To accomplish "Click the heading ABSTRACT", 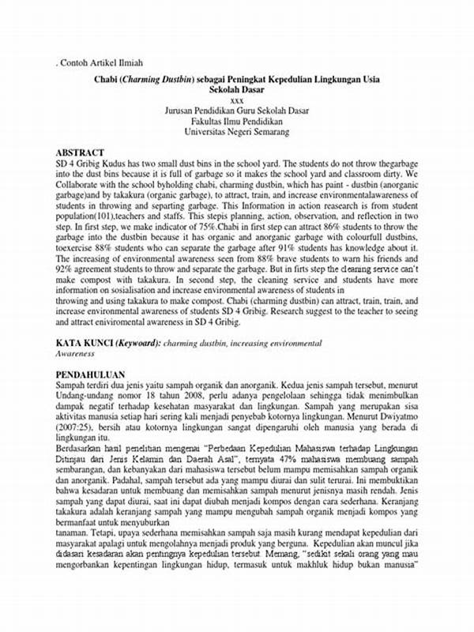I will (80, 152).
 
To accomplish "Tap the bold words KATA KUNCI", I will (84, 344).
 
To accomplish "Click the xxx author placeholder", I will (236, 100).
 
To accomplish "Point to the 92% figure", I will (64, 269).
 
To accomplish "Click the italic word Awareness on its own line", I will (77, 354).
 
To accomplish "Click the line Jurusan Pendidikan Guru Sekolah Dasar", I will (237, 111).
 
